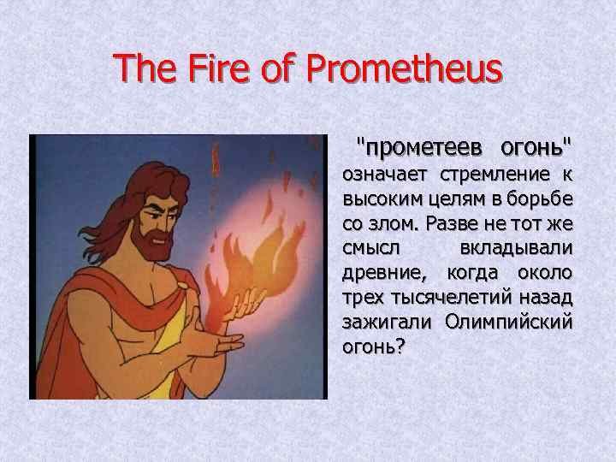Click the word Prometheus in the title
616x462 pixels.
tap(404, 68)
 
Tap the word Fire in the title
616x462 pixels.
tap(219, 67)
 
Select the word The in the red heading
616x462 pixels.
tap(145, 67)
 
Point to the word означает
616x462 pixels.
tap(384, 175)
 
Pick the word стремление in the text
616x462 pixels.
tap(495, 175)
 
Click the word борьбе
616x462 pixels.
tap(539, 198)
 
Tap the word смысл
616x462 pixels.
tap(370, 248)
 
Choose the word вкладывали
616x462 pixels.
tap(516, 248)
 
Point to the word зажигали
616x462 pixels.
tap(387, 323)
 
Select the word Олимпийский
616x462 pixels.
tap(509, 323)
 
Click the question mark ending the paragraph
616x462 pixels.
tap(400, 346)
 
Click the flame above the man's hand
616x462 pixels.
tap(255, 255)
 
